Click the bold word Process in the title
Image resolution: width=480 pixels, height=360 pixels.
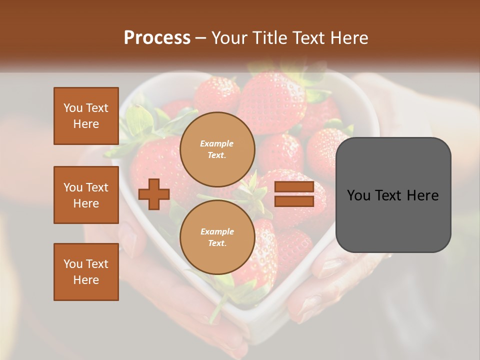pos(157,38)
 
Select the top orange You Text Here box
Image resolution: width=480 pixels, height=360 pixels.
pos(86,116)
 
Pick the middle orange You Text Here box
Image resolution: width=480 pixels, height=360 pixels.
pos(86,195)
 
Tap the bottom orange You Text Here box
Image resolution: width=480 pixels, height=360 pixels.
pos(86,272)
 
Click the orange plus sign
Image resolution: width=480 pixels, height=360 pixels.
pos(154,194)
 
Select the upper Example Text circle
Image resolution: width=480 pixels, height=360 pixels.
pos(217,149)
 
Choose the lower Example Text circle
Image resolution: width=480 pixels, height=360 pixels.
pos(217,237)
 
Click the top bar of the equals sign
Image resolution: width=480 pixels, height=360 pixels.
pos(294,187)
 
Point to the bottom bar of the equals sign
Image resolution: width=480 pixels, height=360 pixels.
pos(294,201)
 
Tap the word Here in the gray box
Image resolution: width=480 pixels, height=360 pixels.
pos(423,195)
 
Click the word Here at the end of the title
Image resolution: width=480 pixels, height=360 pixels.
pos(350,38)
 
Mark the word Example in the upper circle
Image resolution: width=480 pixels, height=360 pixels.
pos(217,143)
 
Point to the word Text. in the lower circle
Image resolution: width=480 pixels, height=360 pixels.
pos(217,243)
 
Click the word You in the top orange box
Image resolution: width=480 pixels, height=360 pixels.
pos(72,108)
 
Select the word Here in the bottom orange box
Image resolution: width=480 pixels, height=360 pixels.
pos(86,280)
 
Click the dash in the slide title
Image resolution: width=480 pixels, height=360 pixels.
pos(201,38)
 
